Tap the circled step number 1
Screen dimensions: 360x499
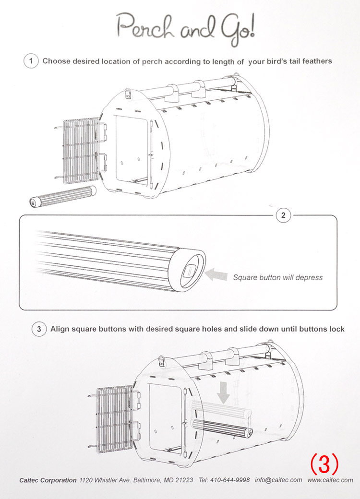[31, 61]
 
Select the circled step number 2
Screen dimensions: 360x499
[283, 215]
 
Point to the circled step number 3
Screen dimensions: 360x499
[39, 329]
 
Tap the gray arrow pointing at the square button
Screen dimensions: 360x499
[216, 275]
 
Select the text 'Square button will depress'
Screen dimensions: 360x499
[277, 277]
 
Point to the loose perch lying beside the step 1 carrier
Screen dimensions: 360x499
[62, 197]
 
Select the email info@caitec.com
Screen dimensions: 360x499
[278, 480]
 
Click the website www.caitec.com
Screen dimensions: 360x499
[330, 480]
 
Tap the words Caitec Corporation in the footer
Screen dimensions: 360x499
[48, 480]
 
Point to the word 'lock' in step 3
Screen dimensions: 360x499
[336, 329]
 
